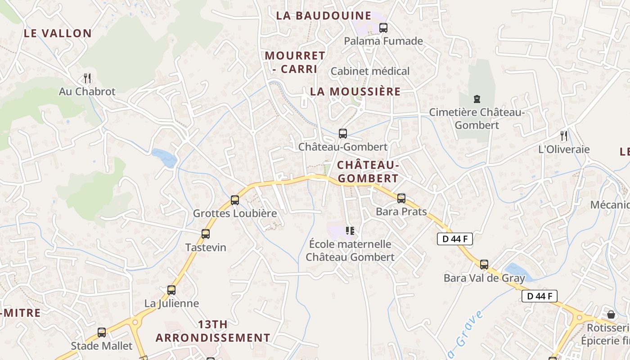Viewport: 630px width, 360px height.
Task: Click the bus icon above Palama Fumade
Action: pos(383,28)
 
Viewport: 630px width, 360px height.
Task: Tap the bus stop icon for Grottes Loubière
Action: pos(234,200)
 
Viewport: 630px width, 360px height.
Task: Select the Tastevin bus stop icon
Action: pos(206,234)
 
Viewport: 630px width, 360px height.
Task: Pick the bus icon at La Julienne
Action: pos(171,290)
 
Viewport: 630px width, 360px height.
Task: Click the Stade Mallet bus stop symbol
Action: pos(102,333)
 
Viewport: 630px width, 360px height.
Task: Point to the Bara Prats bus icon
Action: pos(401,198)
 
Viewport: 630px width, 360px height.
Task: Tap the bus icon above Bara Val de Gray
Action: pos(484,265)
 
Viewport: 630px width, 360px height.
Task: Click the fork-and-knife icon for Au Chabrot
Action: pos(87,78)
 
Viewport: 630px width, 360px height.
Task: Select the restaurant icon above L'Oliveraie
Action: pos(564,135)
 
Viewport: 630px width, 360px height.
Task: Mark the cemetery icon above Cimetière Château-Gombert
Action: pos(477,99)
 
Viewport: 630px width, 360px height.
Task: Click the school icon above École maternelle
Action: pos(350,231)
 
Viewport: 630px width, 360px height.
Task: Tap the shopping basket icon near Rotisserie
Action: pos(611,314)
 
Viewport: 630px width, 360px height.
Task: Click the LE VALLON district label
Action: pos(58,33)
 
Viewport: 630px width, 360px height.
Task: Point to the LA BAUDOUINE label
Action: pos(324,16)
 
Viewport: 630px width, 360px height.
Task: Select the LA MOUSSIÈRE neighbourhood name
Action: pos(355,92)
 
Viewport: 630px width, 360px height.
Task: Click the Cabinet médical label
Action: pos(370,71)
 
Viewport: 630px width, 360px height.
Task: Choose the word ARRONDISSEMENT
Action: pos(213,338)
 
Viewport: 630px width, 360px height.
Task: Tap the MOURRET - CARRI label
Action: pos(295,63)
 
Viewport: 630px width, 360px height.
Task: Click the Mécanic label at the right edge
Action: pos(610,205)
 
